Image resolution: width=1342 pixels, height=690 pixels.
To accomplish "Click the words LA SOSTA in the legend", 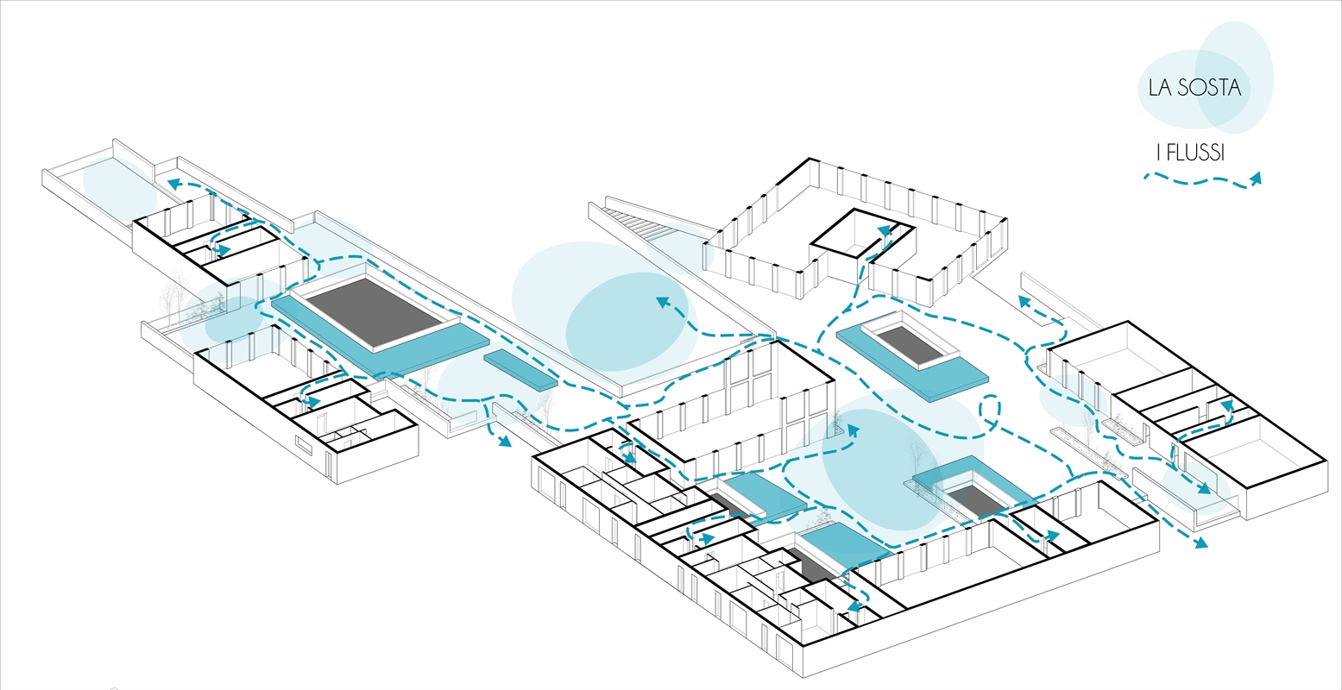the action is [x=1194, y=88].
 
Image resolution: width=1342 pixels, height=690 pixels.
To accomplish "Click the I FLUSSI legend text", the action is [x=1190, y=153].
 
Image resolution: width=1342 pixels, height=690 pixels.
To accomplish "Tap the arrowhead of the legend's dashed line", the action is [x=1255, y=179].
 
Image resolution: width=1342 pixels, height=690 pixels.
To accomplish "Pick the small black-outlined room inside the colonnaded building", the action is [x=863, y=234].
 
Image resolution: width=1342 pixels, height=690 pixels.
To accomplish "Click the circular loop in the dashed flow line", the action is [x=990, y=409].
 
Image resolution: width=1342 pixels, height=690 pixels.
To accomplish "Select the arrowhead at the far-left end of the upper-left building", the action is [x=174, y=183].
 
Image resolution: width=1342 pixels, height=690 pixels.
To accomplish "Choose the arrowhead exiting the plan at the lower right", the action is [x=1200, y=543].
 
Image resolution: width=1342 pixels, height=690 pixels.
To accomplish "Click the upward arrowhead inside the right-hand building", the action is [x=1226, y=407].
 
